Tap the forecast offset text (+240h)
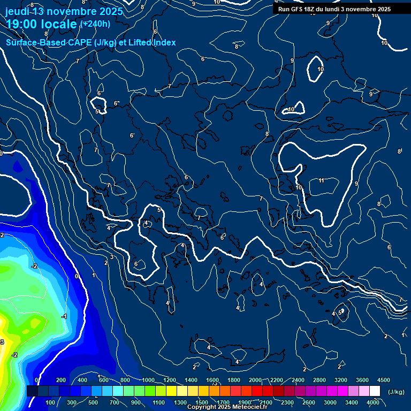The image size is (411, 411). tap(95, 24)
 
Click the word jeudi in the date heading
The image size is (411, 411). tap(17, 11)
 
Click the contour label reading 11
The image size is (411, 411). tap(322, 180)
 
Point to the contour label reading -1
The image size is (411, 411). tap(64, 317)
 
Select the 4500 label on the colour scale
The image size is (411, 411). tap(384, 380)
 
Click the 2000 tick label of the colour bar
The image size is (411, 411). tap(255, 380)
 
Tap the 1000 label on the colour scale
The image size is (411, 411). tap(148, 380)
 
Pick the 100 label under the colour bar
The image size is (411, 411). tap(50, 402)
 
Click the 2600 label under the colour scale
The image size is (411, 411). tap(309, 402)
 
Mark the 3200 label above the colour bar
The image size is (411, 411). tap(341, 380)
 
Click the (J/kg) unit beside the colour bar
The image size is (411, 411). tap(396, 392)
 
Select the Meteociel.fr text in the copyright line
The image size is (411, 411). tap(250, 407)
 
